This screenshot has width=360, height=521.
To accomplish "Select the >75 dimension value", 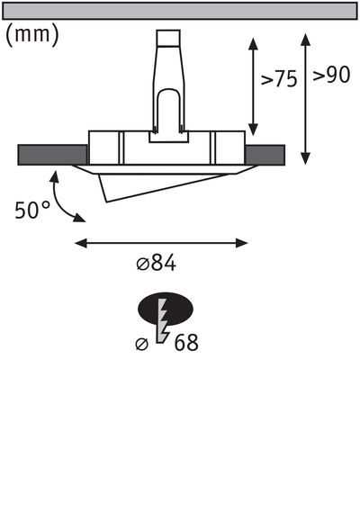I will click(279, 79).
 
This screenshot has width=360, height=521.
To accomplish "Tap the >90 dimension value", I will click(331, 76).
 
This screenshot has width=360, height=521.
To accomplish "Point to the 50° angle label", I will click(32, 211).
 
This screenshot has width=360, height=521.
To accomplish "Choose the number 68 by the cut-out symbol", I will click(186, 343).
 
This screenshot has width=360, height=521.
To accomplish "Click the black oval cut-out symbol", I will click(166, 311).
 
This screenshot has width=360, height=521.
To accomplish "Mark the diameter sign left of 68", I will click(141, 344).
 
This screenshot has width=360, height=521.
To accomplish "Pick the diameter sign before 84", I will click(142, 265).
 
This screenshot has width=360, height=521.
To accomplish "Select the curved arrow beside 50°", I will click(65, 201).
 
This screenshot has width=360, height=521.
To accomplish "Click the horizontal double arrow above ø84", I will click(161, 242).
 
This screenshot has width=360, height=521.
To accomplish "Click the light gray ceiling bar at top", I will click(180, 11).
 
